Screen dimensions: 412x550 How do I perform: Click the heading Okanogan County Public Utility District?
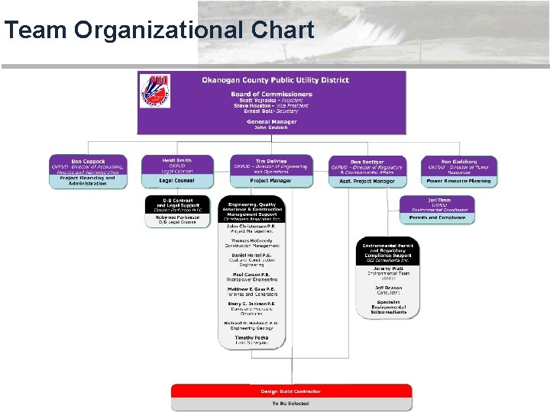pyautogui.click(x=275, y=80)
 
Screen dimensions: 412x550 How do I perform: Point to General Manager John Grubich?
pyautogui.click(x=271, y=124)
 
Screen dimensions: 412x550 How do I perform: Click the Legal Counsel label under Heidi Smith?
pyautogui.click(x=177, y=181)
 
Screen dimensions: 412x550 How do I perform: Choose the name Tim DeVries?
pyautogui.click(x=271, y=160)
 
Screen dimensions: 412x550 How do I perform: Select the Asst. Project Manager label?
pyautogui.click(x=367, y=182)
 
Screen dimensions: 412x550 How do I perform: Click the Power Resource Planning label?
pyautogui.click(x=458, y=181)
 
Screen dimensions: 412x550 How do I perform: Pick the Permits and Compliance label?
pyautogui.click(x=437, y=217)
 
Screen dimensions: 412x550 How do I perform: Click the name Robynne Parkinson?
pyautogui.click(x=176, y=217)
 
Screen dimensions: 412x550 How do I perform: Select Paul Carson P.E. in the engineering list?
pyautogui.click(x=251, y=275)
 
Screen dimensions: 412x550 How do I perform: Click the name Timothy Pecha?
pyautogui.click(x=251, y=337)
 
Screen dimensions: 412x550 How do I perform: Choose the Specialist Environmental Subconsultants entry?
pyautogui.click(x=388, y=307)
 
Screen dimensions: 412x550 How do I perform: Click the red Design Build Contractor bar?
pyautogui.click(x=290, y=391)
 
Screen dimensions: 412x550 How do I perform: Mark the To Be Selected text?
pyautogui.click(x=290, y=403)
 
